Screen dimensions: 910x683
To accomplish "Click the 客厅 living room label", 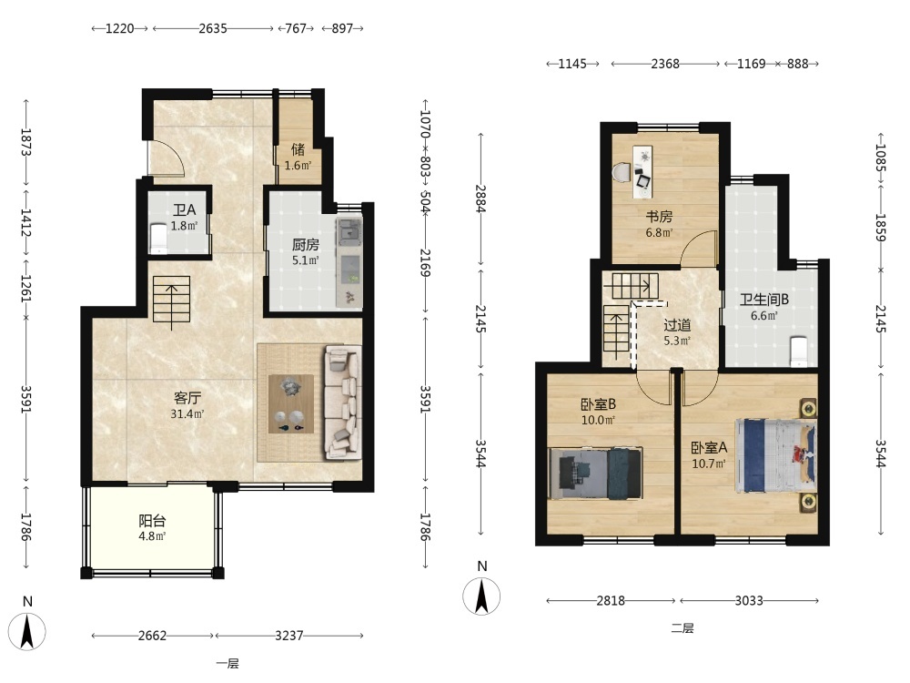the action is pos(187,398).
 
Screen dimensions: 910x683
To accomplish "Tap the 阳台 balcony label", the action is pos(152,520).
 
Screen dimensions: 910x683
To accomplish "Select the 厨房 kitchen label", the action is pos(305,244).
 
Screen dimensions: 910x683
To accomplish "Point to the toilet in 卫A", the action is pos(158,239).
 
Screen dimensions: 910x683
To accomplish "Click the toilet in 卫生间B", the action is pos(799,352).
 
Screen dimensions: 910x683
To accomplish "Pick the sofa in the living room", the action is pos(341,402).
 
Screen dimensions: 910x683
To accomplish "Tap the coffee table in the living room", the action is pos(291,403).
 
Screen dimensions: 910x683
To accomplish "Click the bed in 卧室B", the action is pos(595,473).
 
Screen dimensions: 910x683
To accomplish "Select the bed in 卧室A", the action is pos(775,455).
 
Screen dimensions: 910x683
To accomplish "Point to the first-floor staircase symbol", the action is pos(171,299).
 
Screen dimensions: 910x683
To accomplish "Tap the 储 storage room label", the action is pos(298,149).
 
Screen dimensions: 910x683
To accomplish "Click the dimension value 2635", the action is pos(213,28).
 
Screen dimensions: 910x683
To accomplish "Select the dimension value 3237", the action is pos(289,636).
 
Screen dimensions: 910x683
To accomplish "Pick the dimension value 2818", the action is pos(611,600).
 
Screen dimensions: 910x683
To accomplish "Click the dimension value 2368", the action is pos(665,64).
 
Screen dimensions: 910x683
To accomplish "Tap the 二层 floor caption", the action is pos(682,627).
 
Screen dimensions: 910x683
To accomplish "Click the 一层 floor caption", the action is pos(227,663).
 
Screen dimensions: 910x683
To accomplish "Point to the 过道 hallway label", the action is pos(677,325).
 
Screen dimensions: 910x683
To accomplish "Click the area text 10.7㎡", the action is pos(709,464).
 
